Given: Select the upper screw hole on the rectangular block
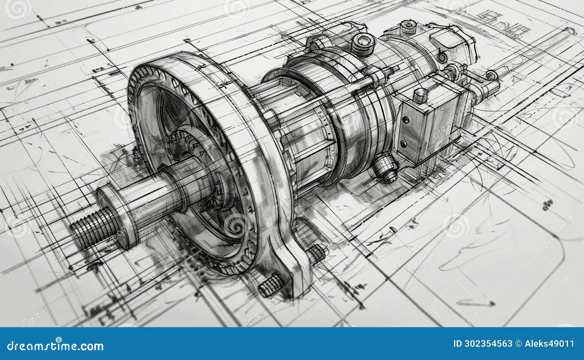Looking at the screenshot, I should coord(404,119).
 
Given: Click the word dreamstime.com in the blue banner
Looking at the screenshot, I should coord(55,345).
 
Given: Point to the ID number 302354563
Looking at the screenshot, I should coord(483,344).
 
